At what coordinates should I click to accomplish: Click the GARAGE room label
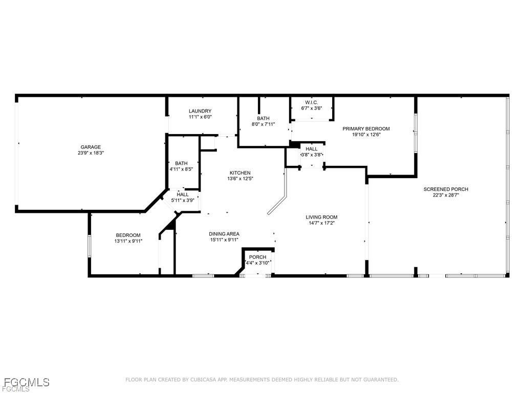91,147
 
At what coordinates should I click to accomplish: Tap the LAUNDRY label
200,111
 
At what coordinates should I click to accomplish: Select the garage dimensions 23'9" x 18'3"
91,153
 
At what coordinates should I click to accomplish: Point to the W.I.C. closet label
312,102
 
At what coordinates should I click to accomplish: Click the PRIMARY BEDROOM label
366,128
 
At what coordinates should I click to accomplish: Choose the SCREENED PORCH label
446,189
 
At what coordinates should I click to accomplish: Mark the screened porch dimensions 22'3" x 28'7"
446,195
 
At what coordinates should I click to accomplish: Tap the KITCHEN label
240,173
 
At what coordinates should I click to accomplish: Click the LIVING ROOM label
321,217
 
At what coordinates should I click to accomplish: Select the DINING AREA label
224,234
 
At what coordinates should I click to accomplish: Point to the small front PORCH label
258,257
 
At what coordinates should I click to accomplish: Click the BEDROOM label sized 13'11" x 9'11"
128,235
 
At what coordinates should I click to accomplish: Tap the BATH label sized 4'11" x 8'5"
181,163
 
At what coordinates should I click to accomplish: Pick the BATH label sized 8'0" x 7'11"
264,118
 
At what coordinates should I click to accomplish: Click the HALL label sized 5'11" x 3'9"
183,194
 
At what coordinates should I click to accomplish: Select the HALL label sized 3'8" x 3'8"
312,149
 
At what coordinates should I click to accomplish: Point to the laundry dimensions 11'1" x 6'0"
200,117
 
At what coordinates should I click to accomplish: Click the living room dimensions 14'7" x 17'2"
321,223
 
